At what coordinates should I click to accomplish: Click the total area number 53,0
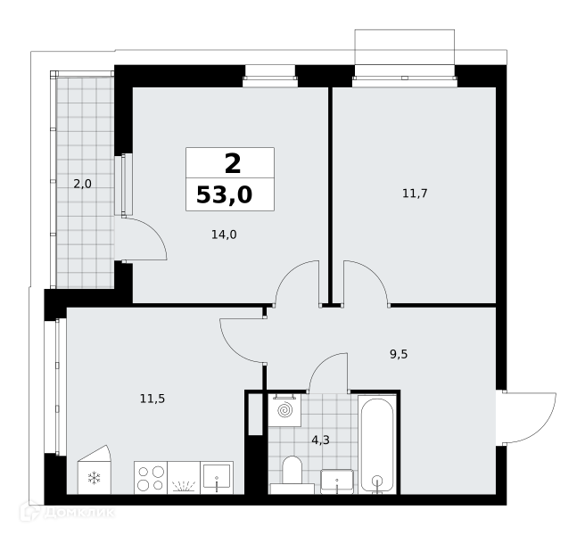click(224, 194)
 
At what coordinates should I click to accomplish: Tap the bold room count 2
click(233, 164)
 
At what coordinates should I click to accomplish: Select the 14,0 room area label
click(224, 235)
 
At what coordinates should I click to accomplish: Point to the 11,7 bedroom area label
click(415, 193)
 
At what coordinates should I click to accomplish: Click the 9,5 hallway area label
click(399, 354)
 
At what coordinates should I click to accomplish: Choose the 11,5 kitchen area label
click(152, 399)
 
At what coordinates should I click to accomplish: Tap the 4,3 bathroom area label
click(320, 440)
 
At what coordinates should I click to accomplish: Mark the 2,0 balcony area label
click(82, 184)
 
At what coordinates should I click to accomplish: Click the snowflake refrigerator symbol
click(94, 478)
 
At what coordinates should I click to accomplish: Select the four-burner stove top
click(151, 478)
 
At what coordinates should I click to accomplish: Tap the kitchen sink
click(217, 478)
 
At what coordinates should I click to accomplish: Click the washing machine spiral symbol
click(285, 410)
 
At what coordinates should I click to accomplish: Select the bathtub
click(377, 444)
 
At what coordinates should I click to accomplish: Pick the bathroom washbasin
click(336, 481)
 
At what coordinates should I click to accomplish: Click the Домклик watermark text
click(79, 512)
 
